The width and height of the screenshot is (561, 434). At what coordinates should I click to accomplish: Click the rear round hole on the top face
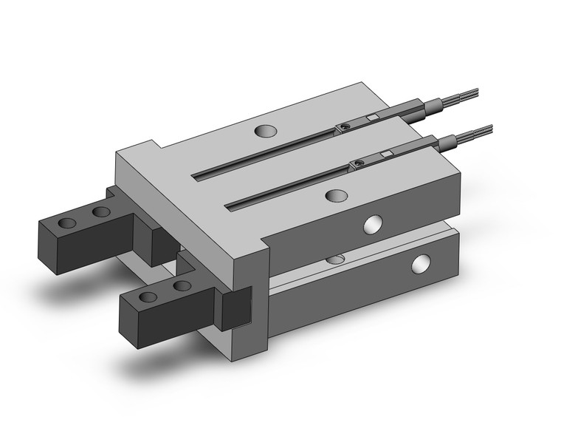click(x=263, y=132)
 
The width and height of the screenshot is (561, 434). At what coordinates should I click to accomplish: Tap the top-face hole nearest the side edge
click(x=336, y=196)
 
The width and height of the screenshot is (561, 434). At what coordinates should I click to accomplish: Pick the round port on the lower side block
click(x=421, y=262)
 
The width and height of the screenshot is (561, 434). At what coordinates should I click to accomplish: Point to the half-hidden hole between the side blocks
click(x=336, y=259)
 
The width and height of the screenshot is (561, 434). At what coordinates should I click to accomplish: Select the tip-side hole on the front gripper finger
click(x=148, y=297)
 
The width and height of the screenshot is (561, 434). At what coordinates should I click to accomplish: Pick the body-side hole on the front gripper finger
click(x=181, y=285)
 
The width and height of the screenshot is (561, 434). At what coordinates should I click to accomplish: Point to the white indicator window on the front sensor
click(x=385, y=154)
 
